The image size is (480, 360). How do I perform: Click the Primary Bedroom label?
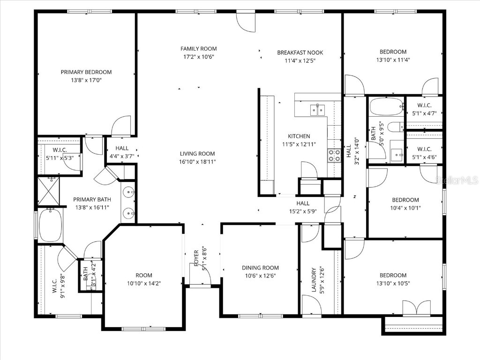(86, 72)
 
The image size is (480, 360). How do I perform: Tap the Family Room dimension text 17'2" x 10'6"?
(199, 57)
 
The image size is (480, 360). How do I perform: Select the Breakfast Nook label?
(300, 52)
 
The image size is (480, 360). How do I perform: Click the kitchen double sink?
(318, 110)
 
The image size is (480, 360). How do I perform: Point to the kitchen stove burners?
(334, 156)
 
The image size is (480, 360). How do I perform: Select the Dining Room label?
(260, 268)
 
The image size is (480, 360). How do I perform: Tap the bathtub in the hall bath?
(386, 107)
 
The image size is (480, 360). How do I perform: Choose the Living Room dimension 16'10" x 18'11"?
(197, 162)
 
